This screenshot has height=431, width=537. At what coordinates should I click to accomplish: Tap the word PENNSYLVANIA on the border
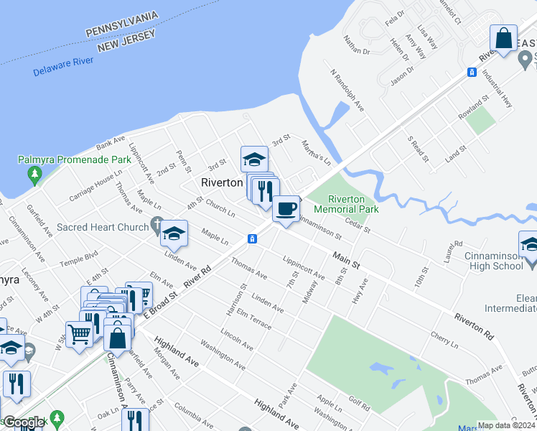132,32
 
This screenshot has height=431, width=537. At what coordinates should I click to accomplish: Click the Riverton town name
222,182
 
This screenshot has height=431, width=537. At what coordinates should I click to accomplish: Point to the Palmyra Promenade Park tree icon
33,174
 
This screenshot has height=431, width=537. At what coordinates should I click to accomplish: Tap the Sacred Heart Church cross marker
157,226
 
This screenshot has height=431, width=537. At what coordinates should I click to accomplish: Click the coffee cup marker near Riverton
286,210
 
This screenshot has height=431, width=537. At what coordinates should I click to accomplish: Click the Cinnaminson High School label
489,260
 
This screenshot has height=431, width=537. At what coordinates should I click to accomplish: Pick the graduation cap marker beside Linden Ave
173,233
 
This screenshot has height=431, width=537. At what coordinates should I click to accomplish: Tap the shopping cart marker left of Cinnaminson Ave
79,334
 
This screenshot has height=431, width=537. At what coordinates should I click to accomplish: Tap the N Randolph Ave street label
347,89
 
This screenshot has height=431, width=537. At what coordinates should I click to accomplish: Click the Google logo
24,422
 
